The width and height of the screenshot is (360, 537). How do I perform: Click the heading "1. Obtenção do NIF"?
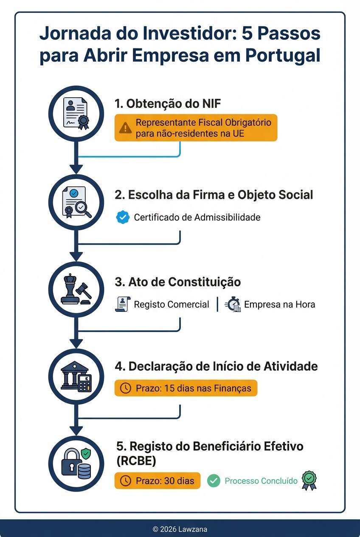click(168, 103)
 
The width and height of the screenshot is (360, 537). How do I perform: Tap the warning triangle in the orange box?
click(125, 127)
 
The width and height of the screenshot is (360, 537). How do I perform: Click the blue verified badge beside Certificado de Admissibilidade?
click(123, 218)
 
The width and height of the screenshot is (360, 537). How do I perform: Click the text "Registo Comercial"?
click(171, 304)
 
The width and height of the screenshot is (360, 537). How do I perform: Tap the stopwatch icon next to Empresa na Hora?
click(233, 304)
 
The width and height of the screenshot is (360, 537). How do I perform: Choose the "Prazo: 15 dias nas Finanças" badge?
click(186, 388)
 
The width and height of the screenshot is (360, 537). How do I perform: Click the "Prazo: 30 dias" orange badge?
click(157, 481)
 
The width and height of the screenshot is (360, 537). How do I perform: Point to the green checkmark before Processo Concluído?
click(214, 481)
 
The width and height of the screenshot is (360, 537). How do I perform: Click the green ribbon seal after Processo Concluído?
click(309, 480)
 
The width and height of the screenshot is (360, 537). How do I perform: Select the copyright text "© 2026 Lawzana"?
click(180, 529)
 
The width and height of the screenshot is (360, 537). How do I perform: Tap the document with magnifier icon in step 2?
click(76, 202)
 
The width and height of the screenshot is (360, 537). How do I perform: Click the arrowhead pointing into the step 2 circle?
click(76, 169)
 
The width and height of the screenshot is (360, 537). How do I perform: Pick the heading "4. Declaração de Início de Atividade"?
click(216, 366)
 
